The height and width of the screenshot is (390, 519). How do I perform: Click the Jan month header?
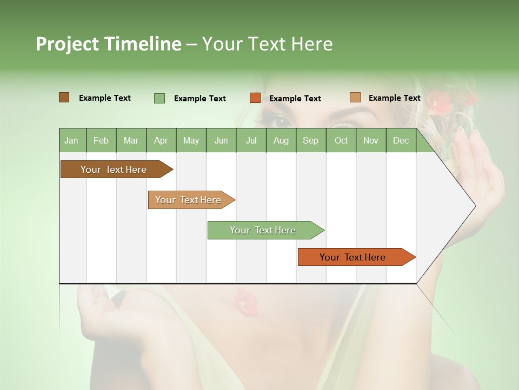tap(71, 141)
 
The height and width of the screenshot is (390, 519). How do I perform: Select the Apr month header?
tap(161, 141)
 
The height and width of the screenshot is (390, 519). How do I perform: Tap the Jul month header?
tap(251, 141)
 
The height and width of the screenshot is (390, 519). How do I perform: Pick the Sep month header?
tap(310, 141)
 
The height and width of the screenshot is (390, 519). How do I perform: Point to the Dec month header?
tap(401, 141)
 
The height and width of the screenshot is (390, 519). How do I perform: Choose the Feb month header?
tap(101, 141)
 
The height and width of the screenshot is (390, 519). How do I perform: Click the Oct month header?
tap(341, 141)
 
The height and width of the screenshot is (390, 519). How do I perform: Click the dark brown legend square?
tap(64, 97)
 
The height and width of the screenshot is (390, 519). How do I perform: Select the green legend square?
tap(159, 98)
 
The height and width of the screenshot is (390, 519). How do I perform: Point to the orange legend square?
tap(255, 98)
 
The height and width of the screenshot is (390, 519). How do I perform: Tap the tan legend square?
tap(355, 97)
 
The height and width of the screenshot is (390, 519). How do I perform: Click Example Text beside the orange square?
tap(295, 99)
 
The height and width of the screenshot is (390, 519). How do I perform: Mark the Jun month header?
tap(221, 141)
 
